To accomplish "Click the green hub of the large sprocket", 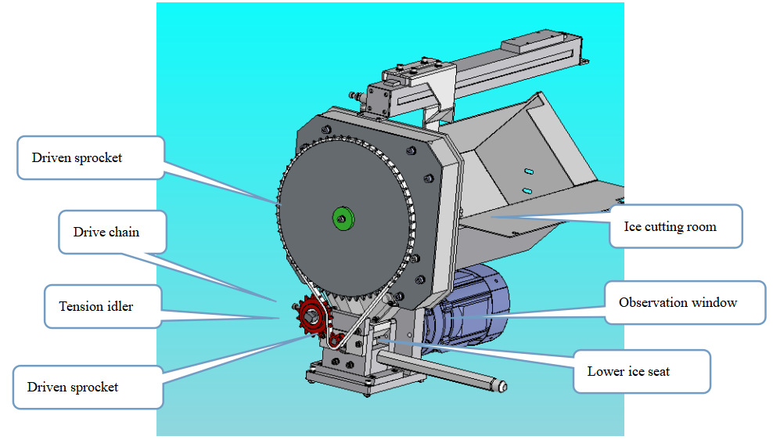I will tap(342, 217).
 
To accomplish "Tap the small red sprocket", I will tap(311, 319).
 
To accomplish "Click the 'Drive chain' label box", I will tap(113, 232).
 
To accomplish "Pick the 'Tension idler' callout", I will tap(102, 306).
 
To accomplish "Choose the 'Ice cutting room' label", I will tap(675, 227).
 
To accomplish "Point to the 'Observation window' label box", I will tap(685, 302).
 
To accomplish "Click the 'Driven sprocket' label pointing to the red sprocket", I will tap(87, 387).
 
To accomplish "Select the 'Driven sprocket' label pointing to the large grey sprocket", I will tap(91, 157).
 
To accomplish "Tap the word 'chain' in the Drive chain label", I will tap(124, 232).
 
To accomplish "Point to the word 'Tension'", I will tap(81, 306).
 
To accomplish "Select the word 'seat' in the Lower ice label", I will tap(658, 371).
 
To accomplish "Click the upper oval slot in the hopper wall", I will tap(530, 171).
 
